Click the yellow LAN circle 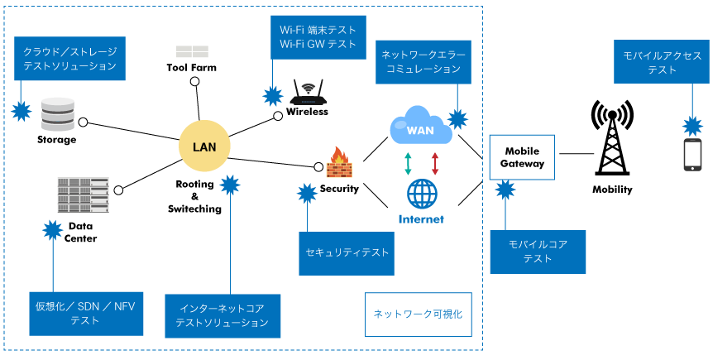click(204, 146)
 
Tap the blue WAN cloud click(419, 127)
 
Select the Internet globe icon click(422, 194)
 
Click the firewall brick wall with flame click(339, 163)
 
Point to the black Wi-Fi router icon click(308, 93)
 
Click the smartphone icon click(692, 155)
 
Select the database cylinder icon click(58, 114)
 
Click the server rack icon click(83, 194)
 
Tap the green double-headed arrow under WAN click(408, 163)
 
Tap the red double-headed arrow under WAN click(435, 163)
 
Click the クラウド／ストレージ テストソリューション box click(69, 59)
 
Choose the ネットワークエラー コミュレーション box click(423, 62)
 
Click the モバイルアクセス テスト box click(661, 62)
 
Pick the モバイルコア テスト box click(538, 252)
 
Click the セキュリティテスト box click(347, 253)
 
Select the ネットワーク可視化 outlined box click(419, 314)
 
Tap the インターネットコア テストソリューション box click(223, 315)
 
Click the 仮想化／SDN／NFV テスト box click(86, 313)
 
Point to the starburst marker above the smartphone click(692, 127)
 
